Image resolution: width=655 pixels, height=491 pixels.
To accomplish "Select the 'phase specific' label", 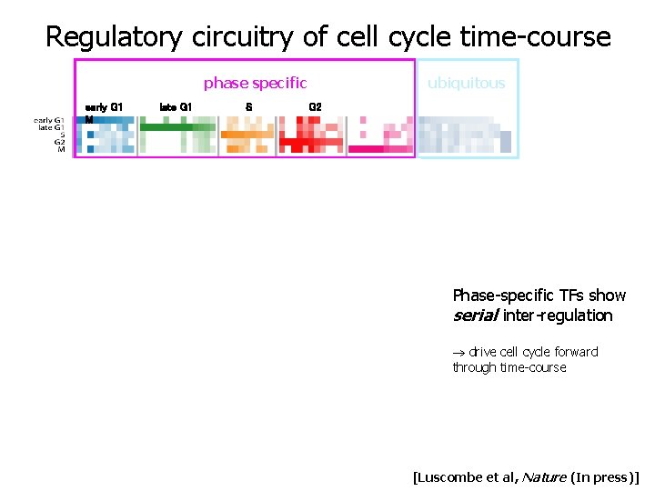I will [x=255, y=84].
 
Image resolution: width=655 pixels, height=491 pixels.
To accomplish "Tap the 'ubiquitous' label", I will [x=466, y=84].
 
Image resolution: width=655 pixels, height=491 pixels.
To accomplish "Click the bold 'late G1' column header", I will [x=176, y=107].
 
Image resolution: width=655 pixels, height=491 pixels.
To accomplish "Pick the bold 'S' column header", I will [x=249, y=107].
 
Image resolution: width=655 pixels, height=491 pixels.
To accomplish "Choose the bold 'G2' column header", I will [x=315, y=107].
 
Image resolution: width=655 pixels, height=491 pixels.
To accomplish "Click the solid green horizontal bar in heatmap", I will [x=169, y=127].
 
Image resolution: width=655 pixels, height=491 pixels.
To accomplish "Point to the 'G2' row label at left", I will [x=59, y=142].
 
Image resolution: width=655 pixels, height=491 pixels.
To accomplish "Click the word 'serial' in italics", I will [x=474, y=316].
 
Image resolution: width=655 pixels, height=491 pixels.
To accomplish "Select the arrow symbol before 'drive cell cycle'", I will [x=458, y=353].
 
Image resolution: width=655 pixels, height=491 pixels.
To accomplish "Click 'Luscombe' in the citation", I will [x=449, y=476].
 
